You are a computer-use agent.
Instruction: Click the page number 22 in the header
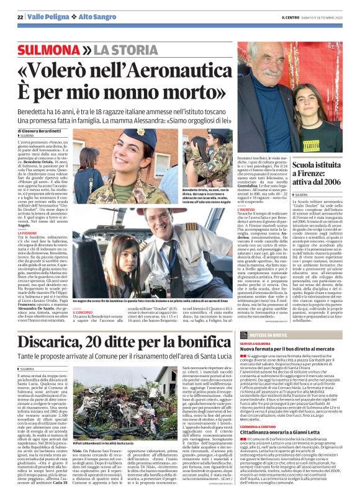tap(20, 17)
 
